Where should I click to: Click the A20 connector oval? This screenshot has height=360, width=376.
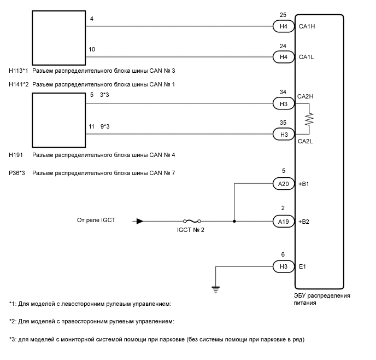283,184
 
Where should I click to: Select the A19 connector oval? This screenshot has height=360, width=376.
283,222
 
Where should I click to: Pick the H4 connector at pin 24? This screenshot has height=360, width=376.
283,56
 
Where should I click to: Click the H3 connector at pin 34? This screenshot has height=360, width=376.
283,102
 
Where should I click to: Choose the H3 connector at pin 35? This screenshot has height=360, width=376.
283,133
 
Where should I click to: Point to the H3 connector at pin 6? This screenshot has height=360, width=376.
283,266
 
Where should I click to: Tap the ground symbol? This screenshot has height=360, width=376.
216,288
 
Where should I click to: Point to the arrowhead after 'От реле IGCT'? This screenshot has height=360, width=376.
140,222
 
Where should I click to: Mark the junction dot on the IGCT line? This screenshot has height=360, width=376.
234,222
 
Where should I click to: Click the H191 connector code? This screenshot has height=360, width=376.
16,155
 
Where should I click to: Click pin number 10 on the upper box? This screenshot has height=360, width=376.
92,49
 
